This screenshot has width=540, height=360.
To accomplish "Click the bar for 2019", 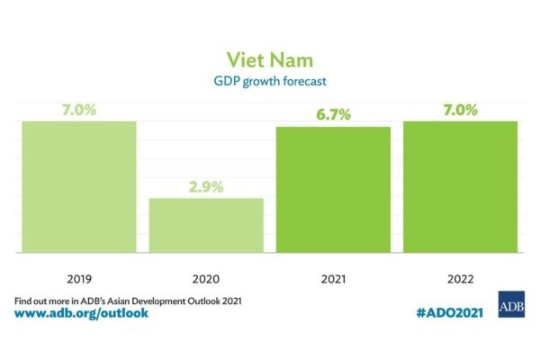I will (x=78, y=186).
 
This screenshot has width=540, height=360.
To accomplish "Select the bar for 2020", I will (x=206, y=225).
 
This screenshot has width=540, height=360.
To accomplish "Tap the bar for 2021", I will (x=333, y=190).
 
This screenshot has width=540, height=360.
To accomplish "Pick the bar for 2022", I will (x=461, y=186).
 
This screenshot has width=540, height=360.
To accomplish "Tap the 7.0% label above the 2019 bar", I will (x=78, y=112).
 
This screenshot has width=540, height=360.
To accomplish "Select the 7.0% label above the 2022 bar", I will (x=461, y=112).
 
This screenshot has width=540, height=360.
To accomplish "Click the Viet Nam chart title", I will (x=270, y=61).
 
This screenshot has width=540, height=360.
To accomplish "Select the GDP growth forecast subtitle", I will (x=270, y=83).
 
